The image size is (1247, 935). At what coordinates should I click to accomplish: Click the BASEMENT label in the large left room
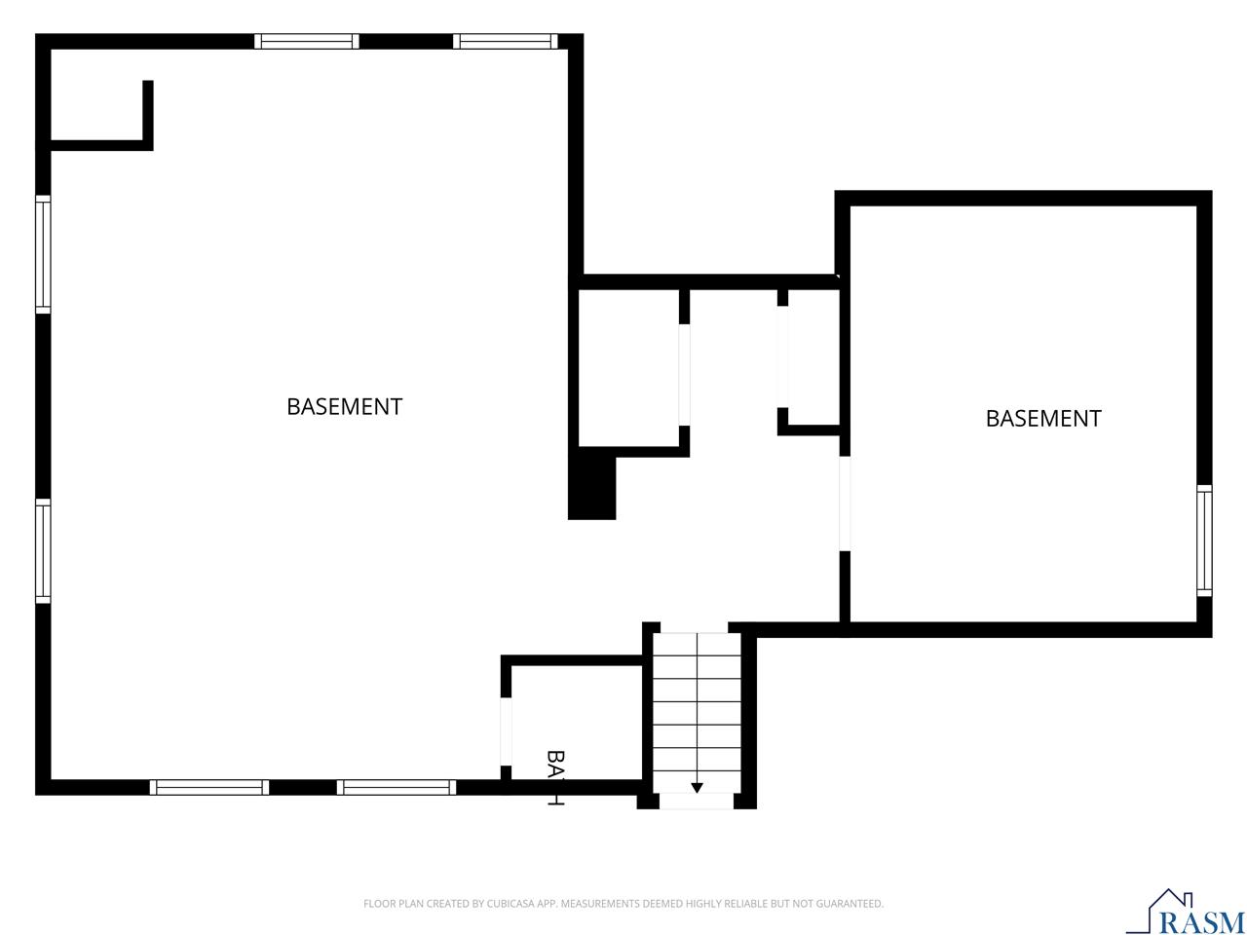click(344, 406)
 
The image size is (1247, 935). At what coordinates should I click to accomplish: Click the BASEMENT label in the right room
click(1042, 418)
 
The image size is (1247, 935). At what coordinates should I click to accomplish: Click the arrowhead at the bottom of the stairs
click(697, 788)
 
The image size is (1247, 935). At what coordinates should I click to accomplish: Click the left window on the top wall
click(307, 42)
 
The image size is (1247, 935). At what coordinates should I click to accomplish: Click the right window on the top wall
click(506, 42)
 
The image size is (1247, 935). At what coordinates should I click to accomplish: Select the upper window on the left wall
click(43, 254)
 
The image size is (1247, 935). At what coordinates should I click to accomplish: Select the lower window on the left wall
click(43, 551)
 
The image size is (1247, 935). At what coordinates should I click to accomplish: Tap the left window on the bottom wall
click(209, 787)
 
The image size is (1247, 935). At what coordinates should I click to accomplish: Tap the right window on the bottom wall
click(397, 787)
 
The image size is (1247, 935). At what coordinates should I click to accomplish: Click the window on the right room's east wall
click(1204, 541)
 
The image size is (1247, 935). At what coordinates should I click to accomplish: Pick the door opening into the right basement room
click(845, 504)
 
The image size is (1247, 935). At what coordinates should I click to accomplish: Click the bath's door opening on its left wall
click(506, 731)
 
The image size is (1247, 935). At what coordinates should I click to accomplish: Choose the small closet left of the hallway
click(629, 368)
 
